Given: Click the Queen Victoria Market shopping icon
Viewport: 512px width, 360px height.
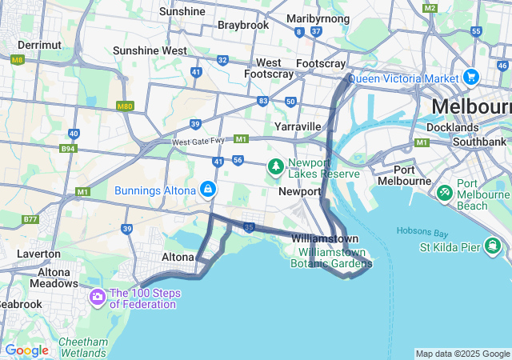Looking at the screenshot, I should pos(471,78).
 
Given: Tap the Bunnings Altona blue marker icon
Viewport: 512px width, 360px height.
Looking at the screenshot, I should pos(208,190).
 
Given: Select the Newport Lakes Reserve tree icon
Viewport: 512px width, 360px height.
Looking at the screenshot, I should pos(276,166).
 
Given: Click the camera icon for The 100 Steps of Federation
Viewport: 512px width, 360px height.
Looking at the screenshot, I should pos(98,298).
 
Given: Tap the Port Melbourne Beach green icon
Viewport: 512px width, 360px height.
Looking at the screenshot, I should pos(445,193).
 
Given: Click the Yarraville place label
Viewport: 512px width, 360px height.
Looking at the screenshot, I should pos(298,126).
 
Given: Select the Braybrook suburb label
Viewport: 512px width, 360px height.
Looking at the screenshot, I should pos(243,25).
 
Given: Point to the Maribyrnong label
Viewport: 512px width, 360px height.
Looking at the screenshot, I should pos(318,18).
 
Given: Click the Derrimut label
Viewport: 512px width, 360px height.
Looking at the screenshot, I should pos(39,45).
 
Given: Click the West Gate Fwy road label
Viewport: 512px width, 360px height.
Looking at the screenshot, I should pos(199,142).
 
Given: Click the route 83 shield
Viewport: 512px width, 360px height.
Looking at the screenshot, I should pos(263,100).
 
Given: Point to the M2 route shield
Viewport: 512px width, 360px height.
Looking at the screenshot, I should pos(430,8).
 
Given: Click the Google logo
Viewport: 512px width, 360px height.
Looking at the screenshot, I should pos(26,350).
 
